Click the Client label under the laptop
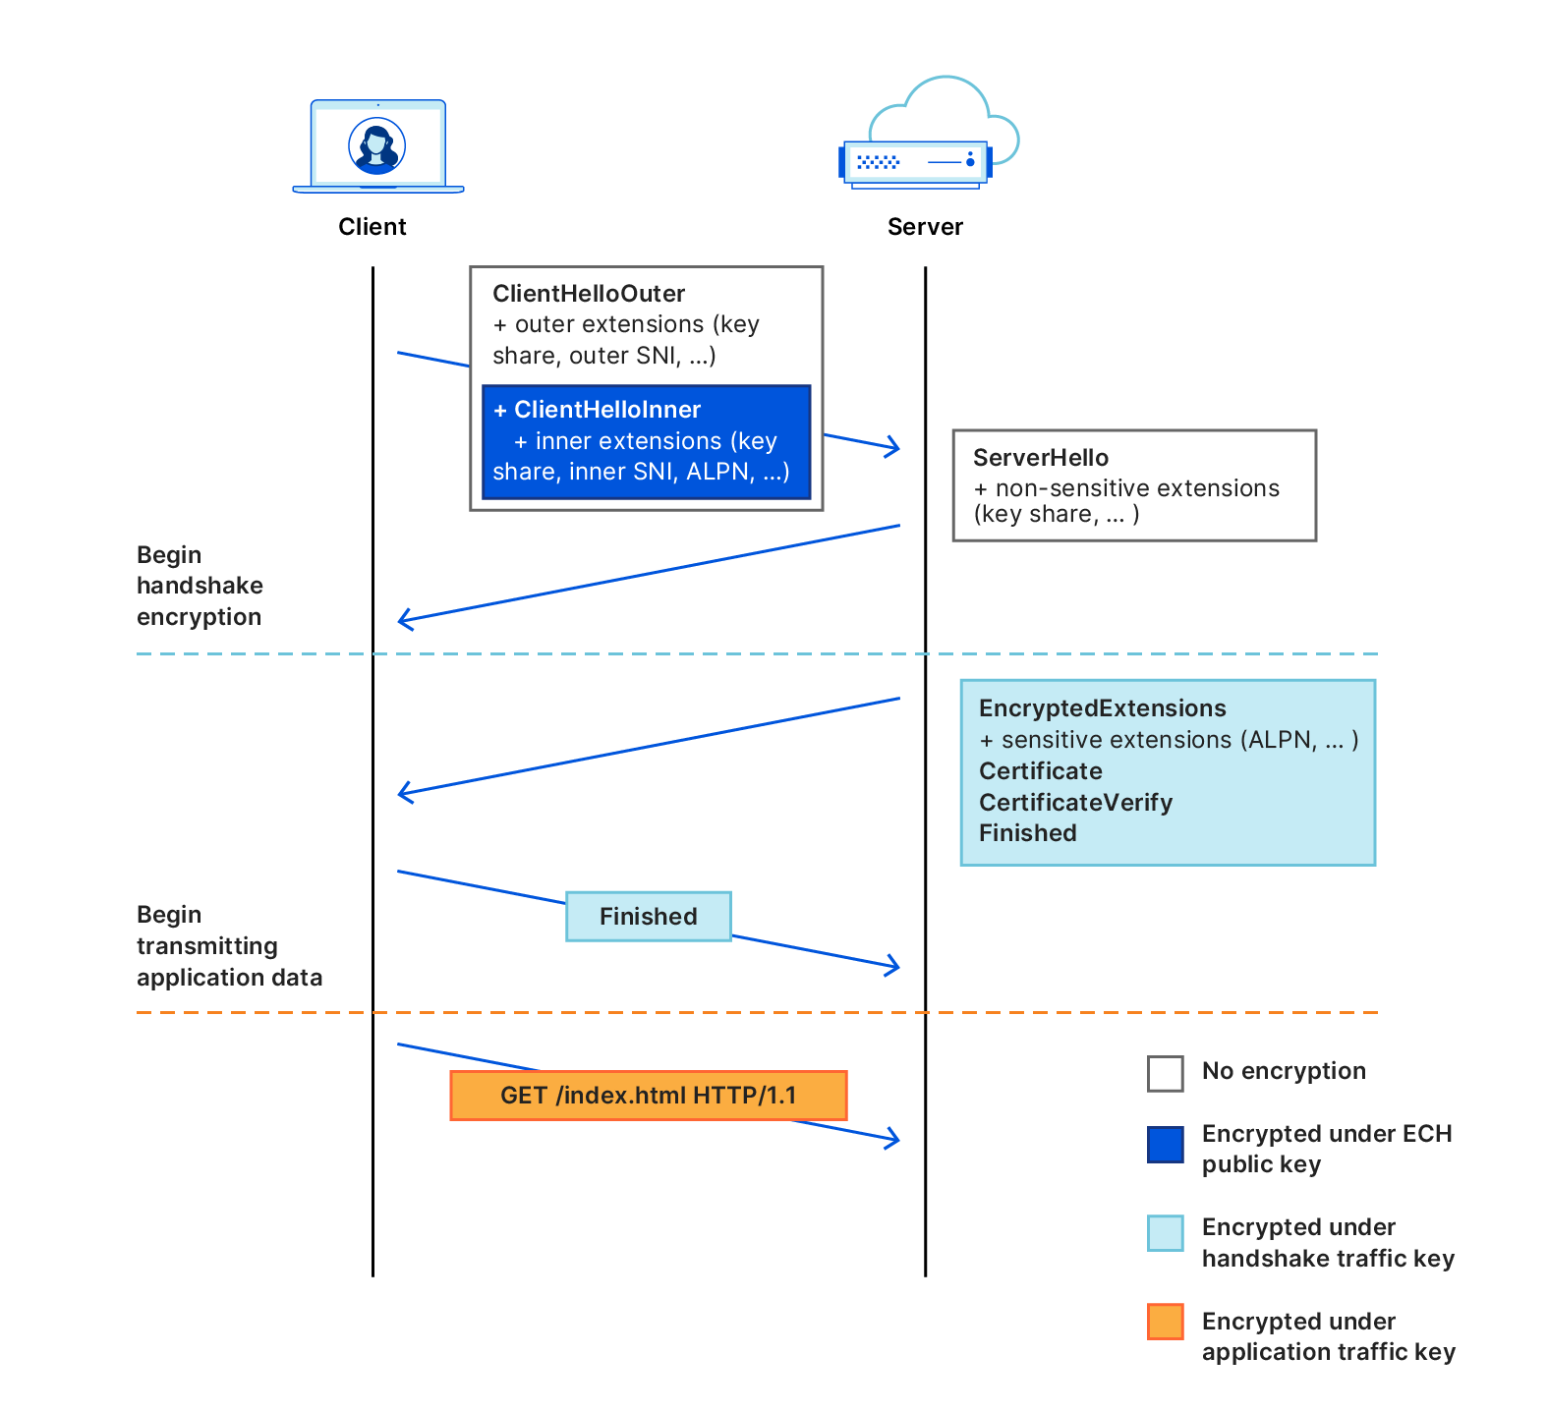pyautogui.click(x=372, y=227)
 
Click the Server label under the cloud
pyautogui.click(x=924, y=227)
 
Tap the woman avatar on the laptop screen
pyautogui.click(x=377, y=146)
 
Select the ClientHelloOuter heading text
pyautogui.click(x=588, y=294)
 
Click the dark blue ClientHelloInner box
pyautogui.click(x=646, y=441)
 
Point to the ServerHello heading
pyautogui.click(x=1040, y=458)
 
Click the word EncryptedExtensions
pyautogui.click(x=1102, y=708)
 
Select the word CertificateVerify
pyautogui.click(x=1075, y=803)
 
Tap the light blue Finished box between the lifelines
pyautogui.click(x=648, y=917)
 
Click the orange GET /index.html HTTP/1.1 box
pyautogui.click(x=648, y=1096)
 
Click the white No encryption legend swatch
pyautogui.click(x=1165, y=1073)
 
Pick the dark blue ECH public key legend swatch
pyautogui.click(x=1165, y=1145)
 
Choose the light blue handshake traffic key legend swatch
pyautogui.click(x=1165, y=1233)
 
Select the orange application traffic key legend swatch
pyautogui.click(x=1165, y=1322)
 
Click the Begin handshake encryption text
pyautogui.click(x=200, y=586)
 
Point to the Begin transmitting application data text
pyautogui.click(x=228, y=946)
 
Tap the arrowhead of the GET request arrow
pyautogui.click(x=895, y=1139)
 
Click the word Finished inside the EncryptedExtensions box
pyautogui.click(x=1027, y=833)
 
